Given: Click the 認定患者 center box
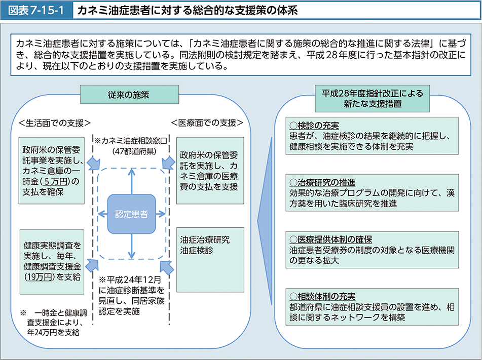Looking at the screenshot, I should click(131, 214).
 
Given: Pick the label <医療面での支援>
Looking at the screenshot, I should click(208, 123).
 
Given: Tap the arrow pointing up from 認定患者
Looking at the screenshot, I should click(131, 180).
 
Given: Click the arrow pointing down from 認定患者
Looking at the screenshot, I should click(131, 248).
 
